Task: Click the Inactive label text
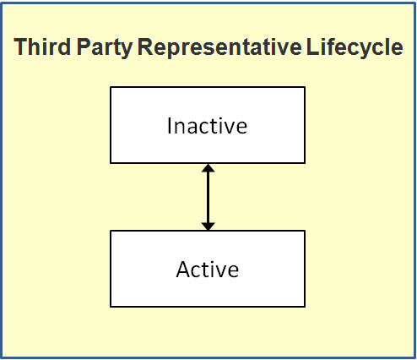(207, 126)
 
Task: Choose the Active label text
(207, 270)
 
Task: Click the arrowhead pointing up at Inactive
(208, 169)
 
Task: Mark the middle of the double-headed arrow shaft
(208, 197)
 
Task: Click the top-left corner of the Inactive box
(111, 87)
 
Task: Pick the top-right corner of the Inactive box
(304, 87)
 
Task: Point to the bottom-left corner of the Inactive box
(111, 163)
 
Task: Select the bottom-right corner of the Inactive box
(304, 163)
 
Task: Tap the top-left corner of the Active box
(111, 231)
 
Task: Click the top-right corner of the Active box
(304, 231)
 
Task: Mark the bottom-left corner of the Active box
(111, 307)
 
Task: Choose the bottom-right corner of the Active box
(304, 307)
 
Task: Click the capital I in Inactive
(170, 126)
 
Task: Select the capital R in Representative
(144, 48)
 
